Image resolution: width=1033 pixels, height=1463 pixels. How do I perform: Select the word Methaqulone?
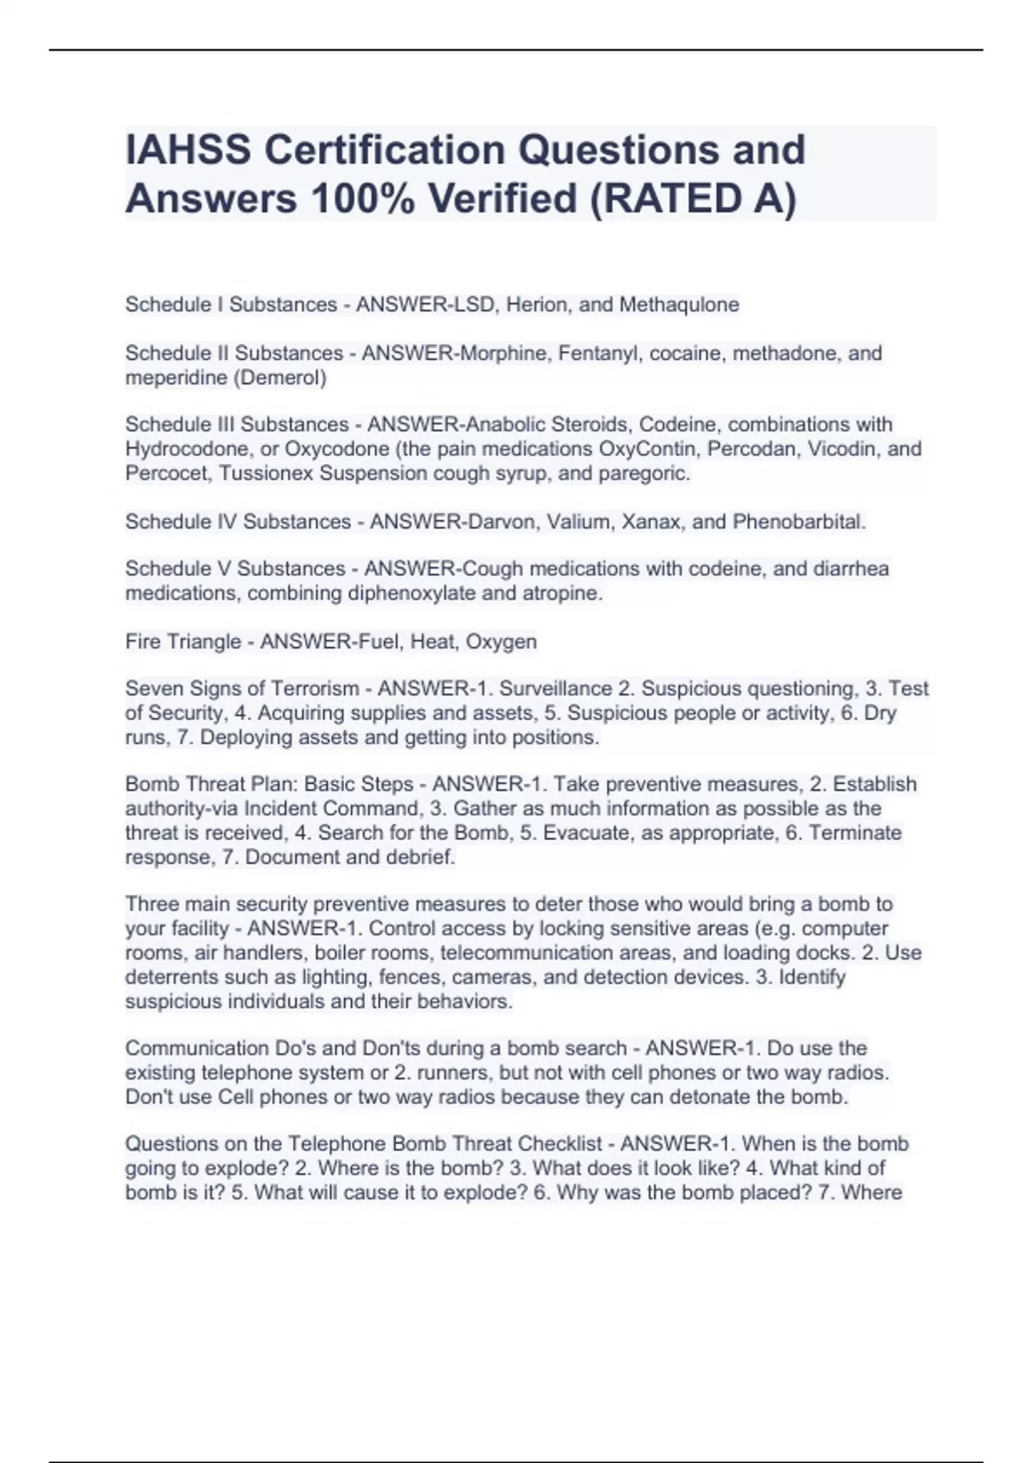[x=679, y=305]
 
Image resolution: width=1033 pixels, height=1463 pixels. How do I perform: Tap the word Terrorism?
[x=315, y=688]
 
